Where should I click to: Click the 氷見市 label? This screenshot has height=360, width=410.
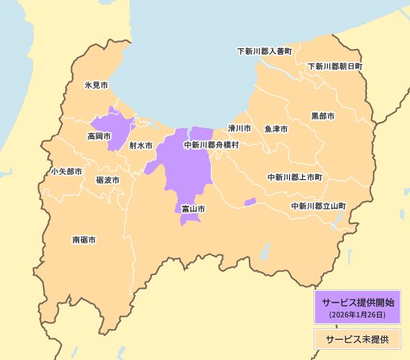[x=96, y=85]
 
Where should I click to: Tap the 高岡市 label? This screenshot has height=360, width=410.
[x=99, y=136]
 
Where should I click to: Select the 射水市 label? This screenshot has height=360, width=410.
[x=141, y=145]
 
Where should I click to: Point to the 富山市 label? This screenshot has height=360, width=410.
[x=193, y=209]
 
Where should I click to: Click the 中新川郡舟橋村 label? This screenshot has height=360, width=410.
[x=211, y=145]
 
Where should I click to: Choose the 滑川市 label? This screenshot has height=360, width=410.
[x=240, y=128]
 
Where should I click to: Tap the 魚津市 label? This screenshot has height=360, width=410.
[x=276, y=129]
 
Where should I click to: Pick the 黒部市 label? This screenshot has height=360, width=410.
[x=323, y=116]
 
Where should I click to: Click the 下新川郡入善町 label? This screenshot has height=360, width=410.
[x=265, y=52]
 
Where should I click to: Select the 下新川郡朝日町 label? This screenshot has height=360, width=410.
[x=335, y=66]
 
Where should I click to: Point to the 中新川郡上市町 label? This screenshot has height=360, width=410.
[x=295, y=177]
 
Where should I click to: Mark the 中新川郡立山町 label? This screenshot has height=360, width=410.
[x=319, y=206]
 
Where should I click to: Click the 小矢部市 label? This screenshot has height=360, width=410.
[x=66, y=172]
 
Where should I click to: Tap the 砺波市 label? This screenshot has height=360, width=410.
[x=108, y=180]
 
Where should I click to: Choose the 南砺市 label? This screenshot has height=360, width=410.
[x=84, y=240]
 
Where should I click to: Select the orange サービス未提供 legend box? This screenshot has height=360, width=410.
[x=357, y=338]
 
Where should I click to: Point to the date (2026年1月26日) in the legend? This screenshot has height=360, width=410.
[x=357, y=315]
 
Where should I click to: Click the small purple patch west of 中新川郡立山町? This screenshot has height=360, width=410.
[x=250, y=202]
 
